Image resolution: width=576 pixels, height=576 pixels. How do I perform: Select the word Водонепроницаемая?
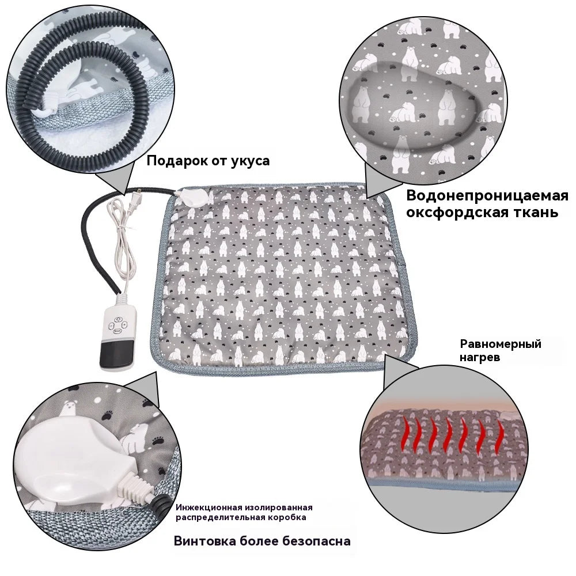point(487,196)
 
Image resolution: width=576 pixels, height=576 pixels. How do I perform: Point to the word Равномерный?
point(501,344)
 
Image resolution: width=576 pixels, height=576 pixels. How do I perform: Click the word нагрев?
point(480,357)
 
